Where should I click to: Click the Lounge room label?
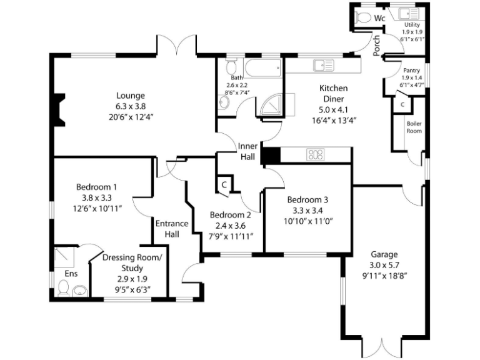coord(131,96)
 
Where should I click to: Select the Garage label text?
coord(384,254)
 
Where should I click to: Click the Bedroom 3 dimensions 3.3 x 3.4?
coord(307,211)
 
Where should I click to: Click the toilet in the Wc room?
coord(362,17)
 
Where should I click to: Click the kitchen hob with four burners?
coord(314,154)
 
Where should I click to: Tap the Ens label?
coord(71,274)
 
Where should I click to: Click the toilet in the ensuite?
coord(64,288)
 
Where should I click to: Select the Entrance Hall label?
coord(172,229)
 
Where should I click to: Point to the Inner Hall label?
coord(247,151)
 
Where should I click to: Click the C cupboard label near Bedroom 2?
coord(224,184)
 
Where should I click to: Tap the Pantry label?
coord(411,71)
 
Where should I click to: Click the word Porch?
coord(377,46)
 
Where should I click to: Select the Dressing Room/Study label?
coord(132,262)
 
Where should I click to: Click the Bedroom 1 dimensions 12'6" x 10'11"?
coord(97,207)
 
